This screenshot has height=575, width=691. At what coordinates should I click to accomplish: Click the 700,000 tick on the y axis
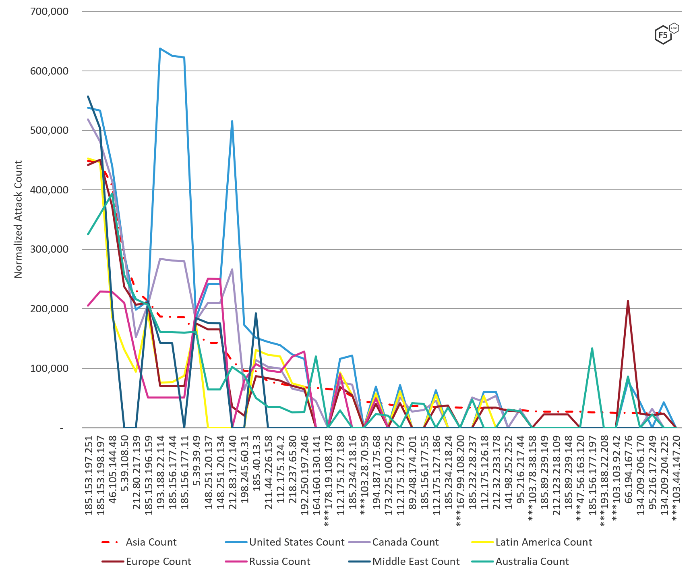[49, 11]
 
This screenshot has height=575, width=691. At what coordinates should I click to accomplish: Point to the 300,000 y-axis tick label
[49, 249]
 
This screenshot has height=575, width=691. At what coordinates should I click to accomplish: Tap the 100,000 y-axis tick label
[49, 368]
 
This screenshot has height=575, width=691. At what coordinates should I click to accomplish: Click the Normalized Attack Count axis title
[18, 219]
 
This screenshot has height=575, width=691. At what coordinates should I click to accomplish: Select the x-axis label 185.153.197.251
[89, 475]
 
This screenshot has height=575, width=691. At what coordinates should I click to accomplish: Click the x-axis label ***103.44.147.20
[677, 477]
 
